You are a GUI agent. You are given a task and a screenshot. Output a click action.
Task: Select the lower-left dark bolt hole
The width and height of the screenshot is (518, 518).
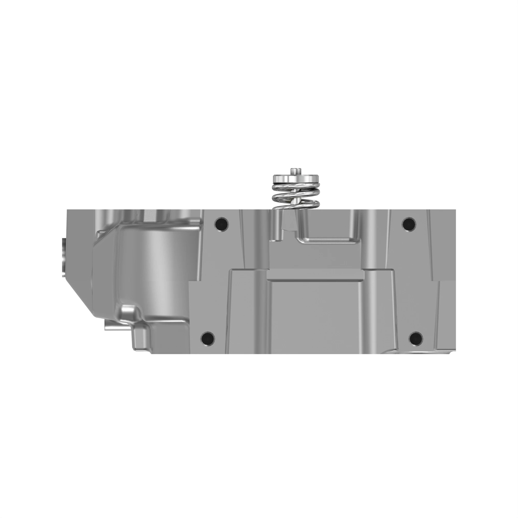pos(208,338)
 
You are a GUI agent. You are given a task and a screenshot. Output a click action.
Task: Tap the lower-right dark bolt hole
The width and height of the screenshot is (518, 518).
pos(416,338)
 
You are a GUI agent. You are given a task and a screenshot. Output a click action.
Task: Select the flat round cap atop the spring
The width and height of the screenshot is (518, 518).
pos(296,178)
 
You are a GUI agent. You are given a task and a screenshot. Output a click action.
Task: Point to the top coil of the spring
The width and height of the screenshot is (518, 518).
pos(296,188)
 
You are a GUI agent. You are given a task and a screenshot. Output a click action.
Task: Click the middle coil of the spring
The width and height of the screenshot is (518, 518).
pos(296,198)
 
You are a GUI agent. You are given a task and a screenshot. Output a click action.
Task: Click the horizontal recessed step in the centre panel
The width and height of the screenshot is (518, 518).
pos(315,276)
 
